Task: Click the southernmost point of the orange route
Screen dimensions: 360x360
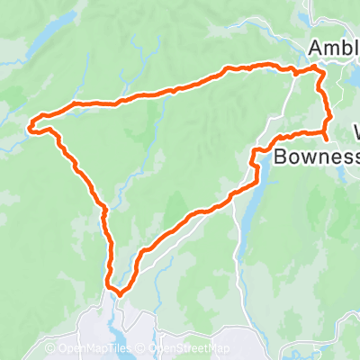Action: [117, 291]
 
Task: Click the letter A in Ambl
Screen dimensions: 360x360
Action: [316, 47]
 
